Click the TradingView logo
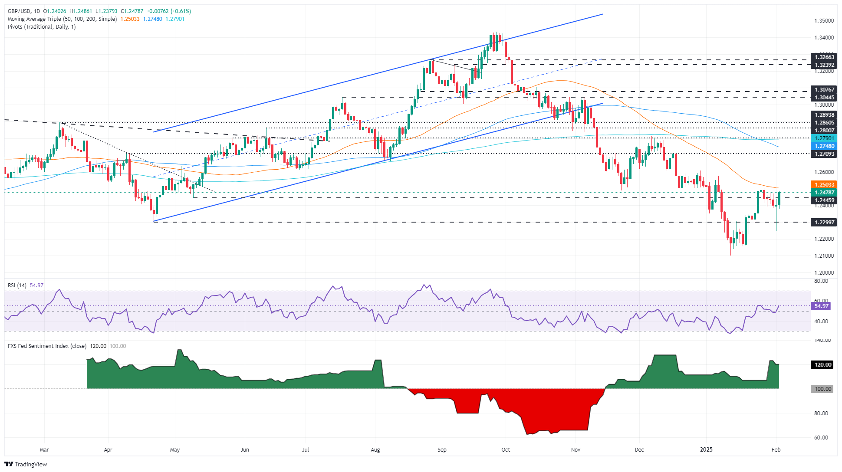[x=26, y=464]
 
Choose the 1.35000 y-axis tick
[x=824, y=21]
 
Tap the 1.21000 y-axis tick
[x=824, y=256]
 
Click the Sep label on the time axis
[x=442, y=450]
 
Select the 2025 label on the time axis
[x=706, y=450]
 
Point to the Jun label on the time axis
[x=245, y=450]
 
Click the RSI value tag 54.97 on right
[x=821, y=306]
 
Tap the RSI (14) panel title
[x=17, y=285]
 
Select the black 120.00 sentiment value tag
[x=822, y=365]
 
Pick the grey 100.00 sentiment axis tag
[x=822, y=389]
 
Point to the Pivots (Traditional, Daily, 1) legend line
[x=42, y=27]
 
